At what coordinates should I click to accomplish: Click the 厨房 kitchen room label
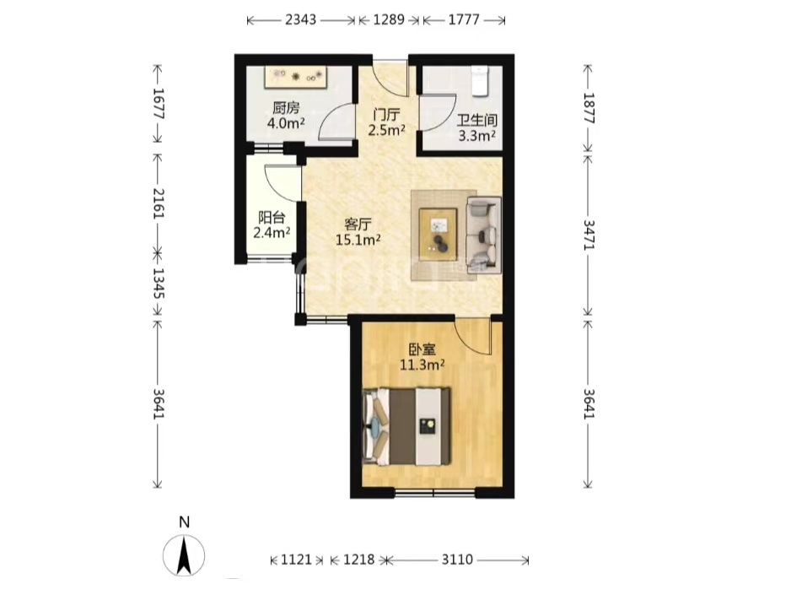click(286, 107)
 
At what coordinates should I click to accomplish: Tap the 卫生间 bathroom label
click(477, 120)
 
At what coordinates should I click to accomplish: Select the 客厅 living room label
click(358, 224)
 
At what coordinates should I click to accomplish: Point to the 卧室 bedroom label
click(422, 349)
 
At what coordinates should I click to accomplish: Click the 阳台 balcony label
click(272, 218)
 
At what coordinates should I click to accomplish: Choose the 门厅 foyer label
click(386, 115)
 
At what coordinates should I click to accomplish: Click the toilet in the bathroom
click(480, 81)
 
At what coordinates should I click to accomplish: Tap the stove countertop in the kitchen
click(296, 77)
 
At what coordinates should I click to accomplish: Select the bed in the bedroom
click(406, 426)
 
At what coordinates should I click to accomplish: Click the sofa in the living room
click(484, 235)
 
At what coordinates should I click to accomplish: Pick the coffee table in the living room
click(438, 234)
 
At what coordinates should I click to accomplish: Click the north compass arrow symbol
click(184, 555)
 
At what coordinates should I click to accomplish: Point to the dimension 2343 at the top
click(301, 19)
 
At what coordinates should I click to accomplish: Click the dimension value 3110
click(458, 560)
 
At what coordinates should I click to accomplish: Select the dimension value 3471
click(589, 235)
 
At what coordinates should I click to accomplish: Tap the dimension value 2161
click(158, 203)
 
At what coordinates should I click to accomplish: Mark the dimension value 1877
click(589, 108)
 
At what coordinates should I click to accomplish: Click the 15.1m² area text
click(358, 239)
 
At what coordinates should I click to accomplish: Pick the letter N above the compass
click(184, 522)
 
